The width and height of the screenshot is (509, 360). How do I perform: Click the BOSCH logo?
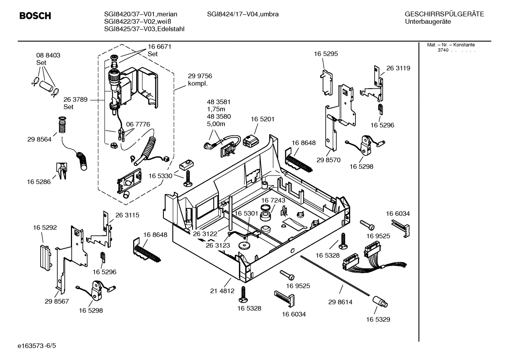35,16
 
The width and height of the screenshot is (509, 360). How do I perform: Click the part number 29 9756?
200,76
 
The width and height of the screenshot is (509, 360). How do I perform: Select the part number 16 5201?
262,119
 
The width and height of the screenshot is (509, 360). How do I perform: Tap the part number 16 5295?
326,54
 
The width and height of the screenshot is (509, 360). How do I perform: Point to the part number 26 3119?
398,68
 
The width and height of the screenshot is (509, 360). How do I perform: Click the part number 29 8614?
340,302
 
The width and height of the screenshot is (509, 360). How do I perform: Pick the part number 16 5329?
378,319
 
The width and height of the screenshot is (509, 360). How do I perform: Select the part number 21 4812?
222,291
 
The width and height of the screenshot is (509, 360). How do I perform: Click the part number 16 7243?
273,200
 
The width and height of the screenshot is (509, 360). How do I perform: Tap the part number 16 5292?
45,228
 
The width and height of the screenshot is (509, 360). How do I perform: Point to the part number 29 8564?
39,140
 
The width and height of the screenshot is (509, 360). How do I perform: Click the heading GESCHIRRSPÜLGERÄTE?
444,14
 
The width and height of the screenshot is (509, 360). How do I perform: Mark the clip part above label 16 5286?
61,171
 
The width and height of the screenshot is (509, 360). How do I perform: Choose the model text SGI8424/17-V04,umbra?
242,14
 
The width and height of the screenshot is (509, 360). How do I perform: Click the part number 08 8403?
48,55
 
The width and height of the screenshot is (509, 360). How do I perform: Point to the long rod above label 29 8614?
335,275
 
